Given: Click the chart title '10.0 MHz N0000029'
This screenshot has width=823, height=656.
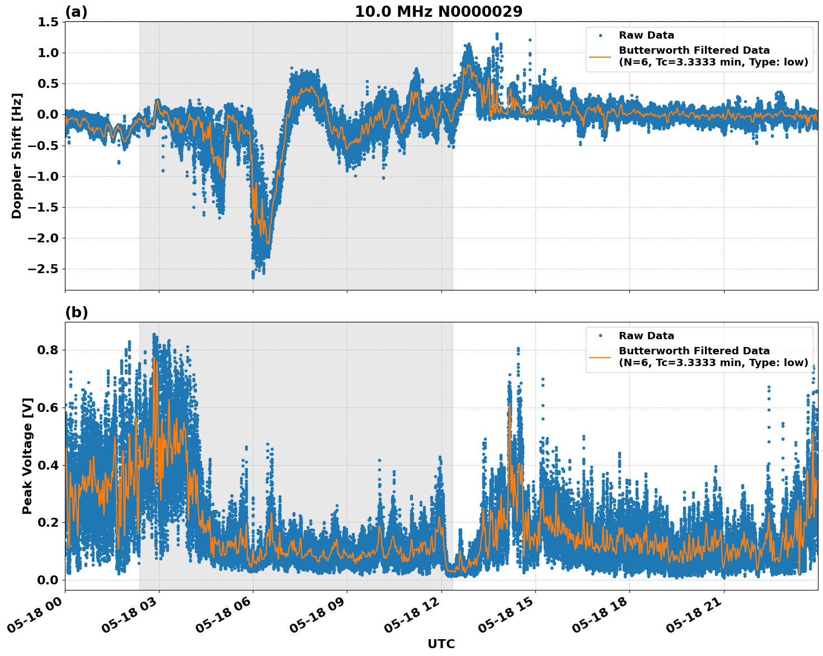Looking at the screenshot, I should [x=439, y=12].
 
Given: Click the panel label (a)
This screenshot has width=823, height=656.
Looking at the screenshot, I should [x=76, y=12].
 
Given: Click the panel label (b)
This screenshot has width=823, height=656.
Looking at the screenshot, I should [x=76, y=312].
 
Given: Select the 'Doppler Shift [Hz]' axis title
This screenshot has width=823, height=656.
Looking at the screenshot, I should [x=17, y=156].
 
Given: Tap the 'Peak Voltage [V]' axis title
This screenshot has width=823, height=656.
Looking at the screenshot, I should [x=27, y=456].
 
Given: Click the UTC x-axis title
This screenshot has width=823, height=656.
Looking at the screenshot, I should [x=441, y=644].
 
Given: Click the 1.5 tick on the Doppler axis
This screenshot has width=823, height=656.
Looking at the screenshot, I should [x=48, y=22].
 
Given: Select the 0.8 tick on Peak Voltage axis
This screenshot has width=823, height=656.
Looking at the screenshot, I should [x=48, y=350].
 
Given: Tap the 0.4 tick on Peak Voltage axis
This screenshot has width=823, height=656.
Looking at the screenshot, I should [x=48, y=465].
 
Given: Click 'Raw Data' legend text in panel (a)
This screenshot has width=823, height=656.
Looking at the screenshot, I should [x=646, y=35].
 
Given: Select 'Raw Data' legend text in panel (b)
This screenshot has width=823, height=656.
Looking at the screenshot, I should [x=646, y=336].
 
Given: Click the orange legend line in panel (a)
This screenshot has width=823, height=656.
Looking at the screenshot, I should [x=600, y=56].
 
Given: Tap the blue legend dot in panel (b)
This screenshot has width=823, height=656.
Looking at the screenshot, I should [x=600, y=336].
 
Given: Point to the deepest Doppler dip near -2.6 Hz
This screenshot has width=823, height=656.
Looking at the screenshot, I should [x=253, y=276].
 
